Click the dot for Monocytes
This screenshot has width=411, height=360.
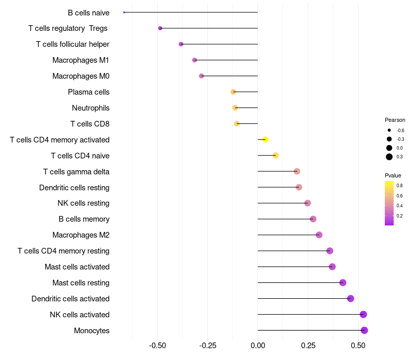364,330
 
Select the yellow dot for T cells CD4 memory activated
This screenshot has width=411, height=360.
265,139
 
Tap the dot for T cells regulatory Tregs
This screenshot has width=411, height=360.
160,28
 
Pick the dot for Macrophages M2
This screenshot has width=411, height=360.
319,235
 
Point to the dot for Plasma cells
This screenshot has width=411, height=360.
233,92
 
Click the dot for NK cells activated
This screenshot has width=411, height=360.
363,314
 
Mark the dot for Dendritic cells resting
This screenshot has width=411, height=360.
299,187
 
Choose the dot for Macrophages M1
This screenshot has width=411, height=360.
195,60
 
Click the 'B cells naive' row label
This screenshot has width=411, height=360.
88,12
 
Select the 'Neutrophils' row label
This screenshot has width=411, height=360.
90,108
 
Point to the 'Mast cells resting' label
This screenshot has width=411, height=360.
81,283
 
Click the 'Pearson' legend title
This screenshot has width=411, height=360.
395,120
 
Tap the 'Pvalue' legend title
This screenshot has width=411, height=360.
393,175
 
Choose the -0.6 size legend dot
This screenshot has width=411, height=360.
389,130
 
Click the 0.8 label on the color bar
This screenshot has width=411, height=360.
400,185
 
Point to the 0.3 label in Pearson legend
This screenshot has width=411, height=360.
400,157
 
